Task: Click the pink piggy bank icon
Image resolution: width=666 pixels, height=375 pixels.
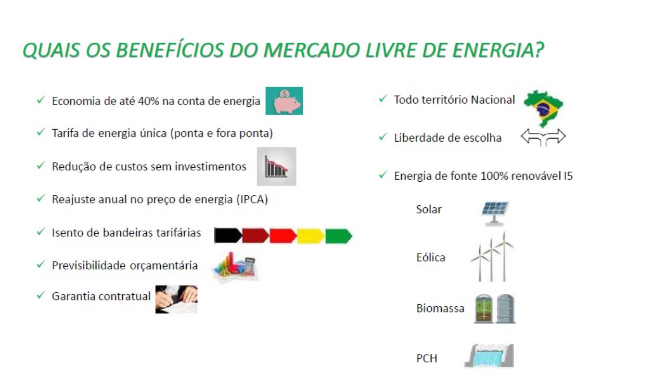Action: click(x=284, y=101)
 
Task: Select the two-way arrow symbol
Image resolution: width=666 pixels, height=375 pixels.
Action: click(x=543, y=136)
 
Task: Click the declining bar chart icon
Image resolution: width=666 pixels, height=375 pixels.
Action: click(x=276, y=166)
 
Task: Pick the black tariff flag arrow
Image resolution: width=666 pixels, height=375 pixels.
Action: click(x=228, y=236)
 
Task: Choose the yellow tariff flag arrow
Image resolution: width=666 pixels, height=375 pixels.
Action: click(x=311, y=236)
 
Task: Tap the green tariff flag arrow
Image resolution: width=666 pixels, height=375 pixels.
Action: click(x=339, y=236)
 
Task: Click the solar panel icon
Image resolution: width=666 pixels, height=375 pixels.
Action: click(x=495, y=213)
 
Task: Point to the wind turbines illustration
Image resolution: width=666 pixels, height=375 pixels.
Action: click(x=492, y=257)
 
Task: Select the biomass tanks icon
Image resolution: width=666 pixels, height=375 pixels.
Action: click(x=495, y=309)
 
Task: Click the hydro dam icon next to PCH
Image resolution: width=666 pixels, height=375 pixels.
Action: click(x=490, y=356)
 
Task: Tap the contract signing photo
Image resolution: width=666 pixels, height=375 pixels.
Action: click(x=176, y=299)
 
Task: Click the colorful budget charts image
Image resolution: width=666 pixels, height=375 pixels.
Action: click(x=236, y=267)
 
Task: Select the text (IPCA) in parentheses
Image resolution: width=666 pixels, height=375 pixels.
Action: click(x=252, y=199)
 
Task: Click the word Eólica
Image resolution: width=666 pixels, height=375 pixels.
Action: click(x=431, y=257)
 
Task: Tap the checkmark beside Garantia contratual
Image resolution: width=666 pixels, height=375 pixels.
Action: click(x=41, y=295)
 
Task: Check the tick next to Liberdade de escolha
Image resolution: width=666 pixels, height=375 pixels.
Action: click(x=383, y=136)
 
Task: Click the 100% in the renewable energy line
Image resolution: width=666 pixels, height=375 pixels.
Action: click(x=494, y=176)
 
